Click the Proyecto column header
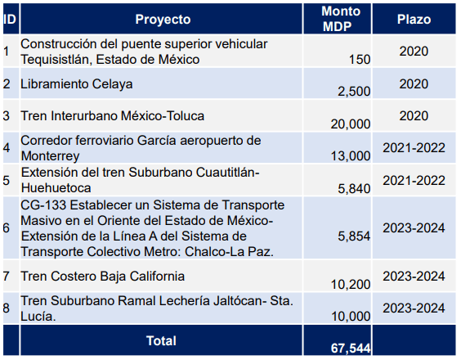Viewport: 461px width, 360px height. click(163, 20)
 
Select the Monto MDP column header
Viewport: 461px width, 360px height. click(341, 19)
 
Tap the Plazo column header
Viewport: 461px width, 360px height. click(414, 20)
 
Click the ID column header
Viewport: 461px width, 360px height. click(10, 20)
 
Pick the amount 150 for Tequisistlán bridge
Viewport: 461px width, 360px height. click(360, 60)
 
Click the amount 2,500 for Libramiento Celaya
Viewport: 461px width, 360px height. click(354, 92)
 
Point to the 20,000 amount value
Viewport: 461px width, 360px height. click(351, 124)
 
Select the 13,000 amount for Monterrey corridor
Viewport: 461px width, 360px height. click(351, 156)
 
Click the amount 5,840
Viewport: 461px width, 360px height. click(354, 189)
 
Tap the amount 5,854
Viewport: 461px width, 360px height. click(354, 236)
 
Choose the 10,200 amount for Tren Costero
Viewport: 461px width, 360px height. click(351, 285)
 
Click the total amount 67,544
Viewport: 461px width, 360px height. click(351, 349)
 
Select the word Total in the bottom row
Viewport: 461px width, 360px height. click(161, 341)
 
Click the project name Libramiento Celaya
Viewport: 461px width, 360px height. click(77, 84)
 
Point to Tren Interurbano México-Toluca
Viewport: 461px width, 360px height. click(112, 116)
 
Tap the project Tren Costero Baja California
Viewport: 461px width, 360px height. click(103, 277)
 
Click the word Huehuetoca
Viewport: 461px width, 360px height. click(56, 188)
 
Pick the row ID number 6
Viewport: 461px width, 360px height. click(7, 228)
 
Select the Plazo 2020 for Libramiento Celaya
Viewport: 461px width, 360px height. click(414, 84)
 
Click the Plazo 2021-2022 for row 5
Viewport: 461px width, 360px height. click(414, 181)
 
